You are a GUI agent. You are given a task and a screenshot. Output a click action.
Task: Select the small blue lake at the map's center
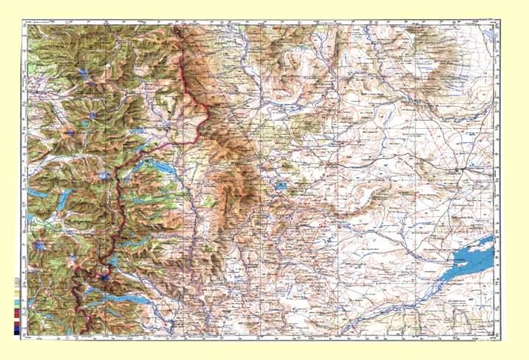tap(281, 187)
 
